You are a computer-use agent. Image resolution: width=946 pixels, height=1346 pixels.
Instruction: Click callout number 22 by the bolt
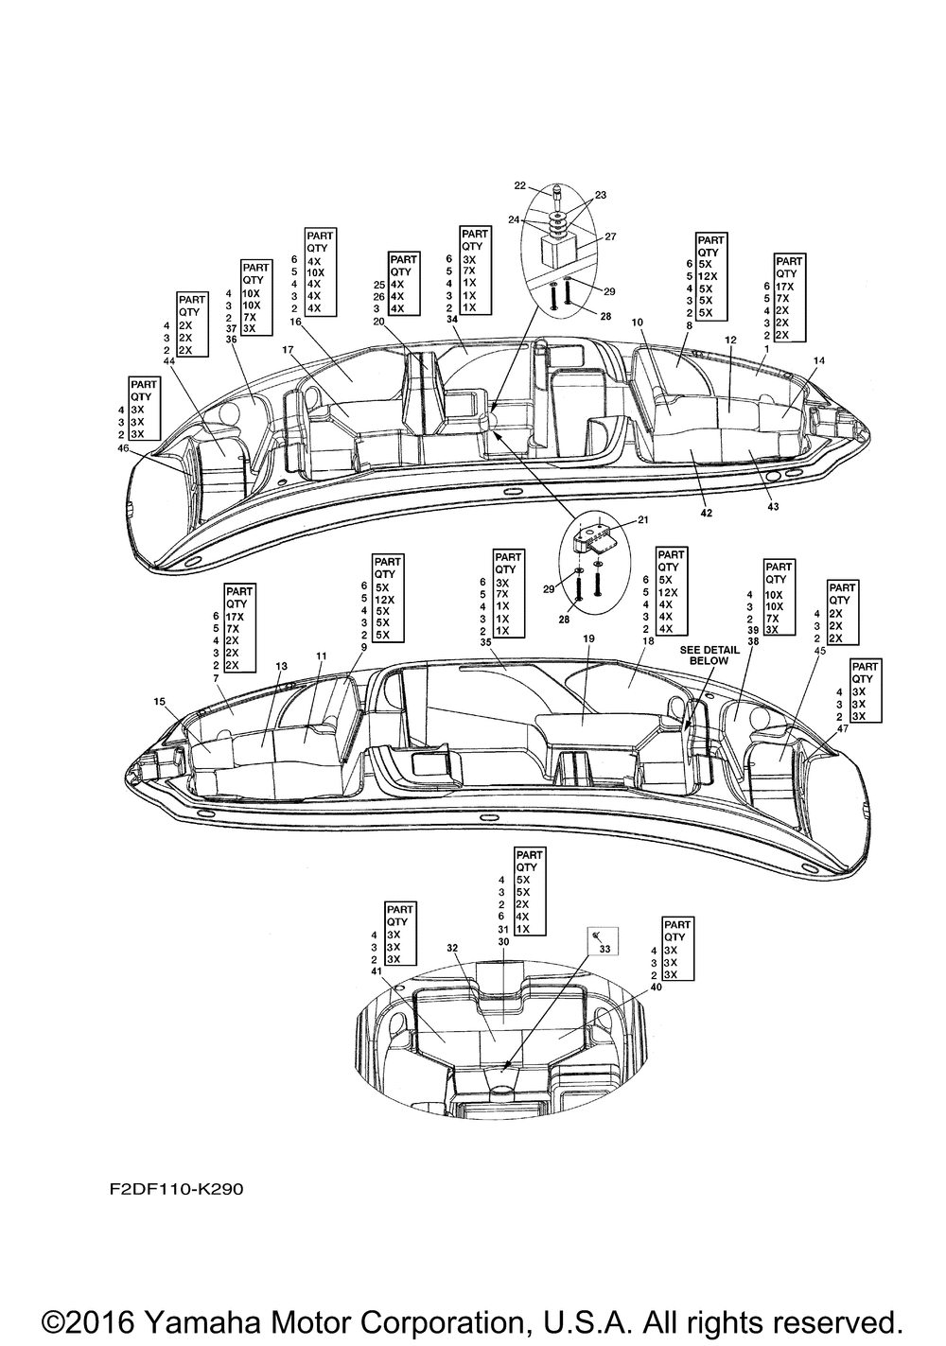point(520,185)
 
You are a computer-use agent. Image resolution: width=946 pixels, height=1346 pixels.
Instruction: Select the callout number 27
point(610,236)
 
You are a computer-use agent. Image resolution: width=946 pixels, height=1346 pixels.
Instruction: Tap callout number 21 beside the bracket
point(642,520)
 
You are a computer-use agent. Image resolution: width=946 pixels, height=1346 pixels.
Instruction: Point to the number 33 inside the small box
point(604,950)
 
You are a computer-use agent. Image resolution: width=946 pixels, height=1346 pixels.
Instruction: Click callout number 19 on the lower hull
point(588,638)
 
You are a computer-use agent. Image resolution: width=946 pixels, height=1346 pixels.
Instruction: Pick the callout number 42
point(707,514)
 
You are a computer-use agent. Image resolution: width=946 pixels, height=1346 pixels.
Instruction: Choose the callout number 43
point(773,507)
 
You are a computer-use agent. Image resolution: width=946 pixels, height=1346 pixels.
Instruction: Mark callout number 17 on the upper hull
point(287,349)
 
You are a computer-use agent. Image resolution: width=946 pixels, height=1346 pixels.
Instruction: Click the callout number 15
point(159,701)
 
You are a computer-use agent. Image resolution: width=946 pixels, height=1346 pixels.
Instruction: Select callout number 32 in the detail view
point(452,948)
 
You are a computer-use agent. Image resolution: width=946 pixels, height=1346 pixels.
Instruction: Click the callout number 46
point(123,448)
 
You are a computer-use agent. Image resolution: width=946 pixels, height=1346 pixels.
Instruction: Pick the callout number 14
point(818,360)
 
